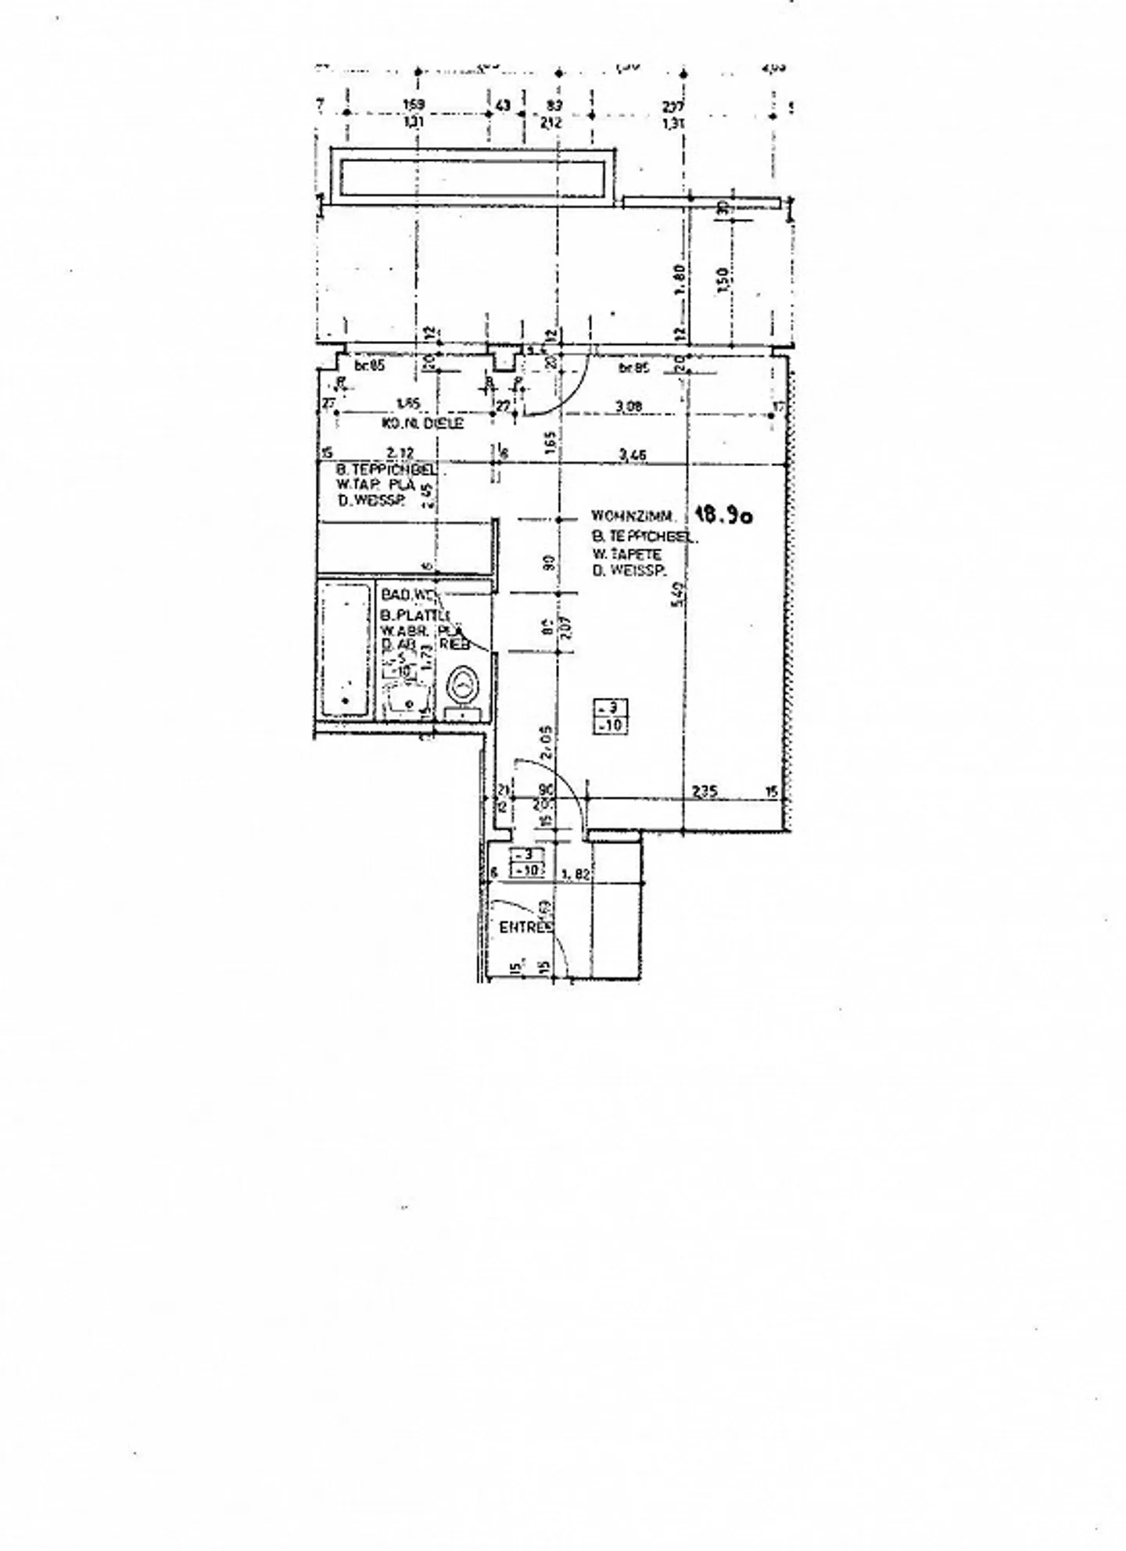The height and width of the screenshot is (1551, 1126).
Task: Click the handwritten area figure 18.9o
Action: click(723, 515)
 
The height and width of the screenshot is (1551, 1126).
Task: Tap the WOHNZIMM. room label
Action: click(627, 516)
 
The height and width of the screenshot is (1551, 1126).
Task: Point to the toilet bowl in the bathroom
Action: click(464, 686)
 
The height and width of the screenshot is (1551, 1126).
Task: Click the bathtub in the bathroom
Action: click(345, 649)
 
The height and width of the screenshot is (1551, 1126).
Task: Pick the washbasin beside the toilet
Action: click(407, 698)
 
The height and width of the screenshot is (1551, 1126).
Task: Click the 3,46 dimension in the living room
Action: click(632, 454)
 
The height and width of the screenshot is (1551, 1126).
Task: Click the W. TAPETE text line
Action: click(626, 555)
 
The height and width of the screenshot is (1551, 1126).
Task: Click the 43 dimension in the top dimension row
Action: click(502, 105)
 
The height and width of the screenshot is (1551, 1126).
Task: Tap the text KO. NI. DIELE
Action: click(422, 423)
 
